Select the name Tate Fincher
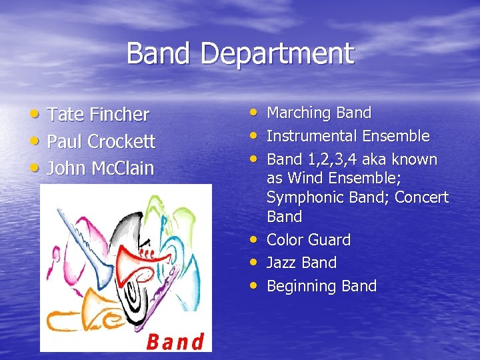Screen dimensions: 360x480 coord(99,115)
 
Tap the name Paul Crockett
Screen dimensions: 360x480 coord(101,141)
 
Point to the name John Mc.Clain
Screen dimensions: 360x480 coord(101,168)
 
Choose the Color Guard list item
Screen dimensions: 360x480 coord(308,240)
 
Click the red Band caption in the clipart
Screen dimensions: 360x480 coord(175,341)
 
